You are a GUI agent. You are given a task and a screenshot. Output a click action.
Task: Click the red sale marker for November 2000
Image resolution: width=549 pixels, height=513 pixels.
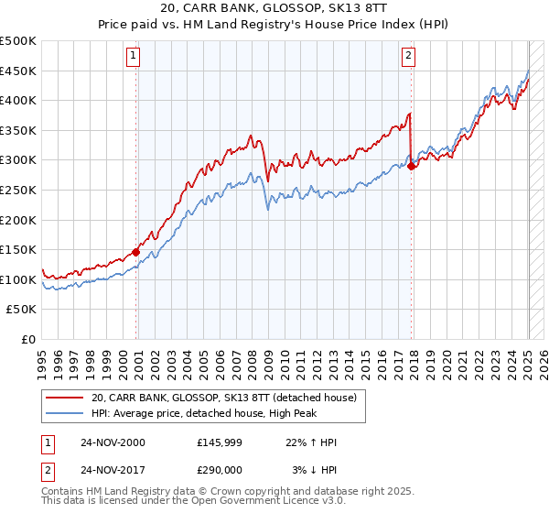tap(136, 252)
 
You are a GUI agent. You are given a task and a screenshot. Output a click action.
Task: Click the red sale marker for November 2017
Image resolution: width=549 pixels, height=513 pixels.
tap(412, 166)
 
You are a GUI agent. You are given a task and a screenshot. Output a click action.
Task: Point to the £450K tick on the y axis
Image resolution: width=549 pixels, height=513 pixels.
tap(18, 71)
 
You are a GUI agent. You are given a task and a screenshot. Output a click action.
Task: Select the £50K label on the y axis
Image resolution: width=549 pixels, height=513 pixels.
tap(22, 310)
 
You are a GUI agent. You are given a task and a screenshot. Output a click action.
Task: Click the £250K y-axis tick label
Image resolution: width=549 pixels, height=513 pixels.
tap(18, 191)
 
